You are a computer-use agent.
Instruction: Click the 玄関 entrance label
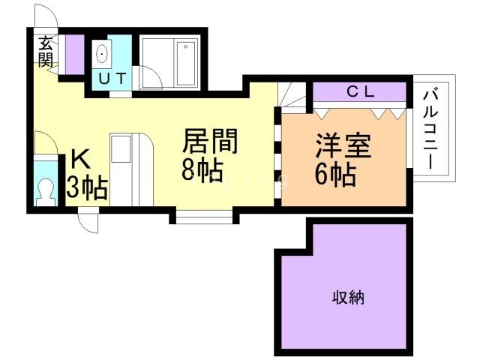click(46, 51)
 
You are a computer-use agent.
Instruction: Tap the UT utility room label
click(112, 77)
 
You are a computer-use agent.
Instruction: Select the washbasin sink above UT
click(103, 54)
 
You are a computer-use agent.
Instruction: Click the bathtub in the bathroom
click(184, 63)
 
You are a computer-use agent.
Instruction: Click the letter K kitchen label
click(80, 160)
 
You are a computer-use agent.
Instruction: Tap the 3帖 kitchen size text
click(87, 187)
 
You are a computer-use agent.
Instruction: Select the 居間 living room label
click(211, 142)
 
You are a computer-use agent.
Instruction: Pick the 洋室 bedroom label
click(342, 145)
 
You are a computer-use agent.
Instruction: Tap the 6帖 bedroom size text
click(335, 174)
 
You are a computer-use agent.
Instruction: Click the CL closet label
click(363, 91)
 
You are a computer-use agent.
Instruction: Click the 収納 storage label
click(348, 298)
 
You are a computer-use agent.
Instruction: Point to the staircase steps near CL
click(293, 94)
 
